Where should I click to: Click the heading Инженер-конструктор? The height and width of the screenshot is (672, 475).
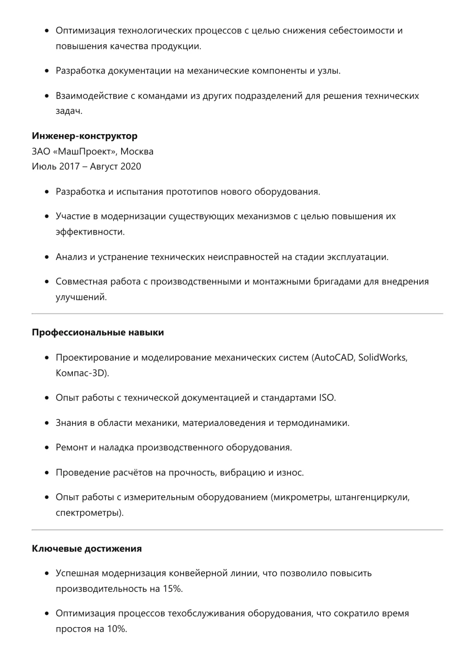click(85, 136)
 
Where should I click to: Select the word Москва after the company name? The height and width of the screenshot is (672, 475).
click(137, 151)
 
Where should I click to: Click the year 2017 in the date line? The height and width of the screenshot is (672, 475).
click(69, 166)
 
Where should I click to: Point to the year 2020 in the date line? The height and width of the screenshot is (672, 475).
click(131, 166)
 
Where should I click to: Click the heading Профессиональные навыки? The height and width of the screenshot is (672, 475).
click(98, 332)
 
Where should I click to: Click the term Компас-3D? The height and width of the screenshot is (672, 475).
click(81, 373)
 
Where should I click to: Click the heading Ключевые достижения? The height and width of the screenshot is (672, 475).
click(87, 549)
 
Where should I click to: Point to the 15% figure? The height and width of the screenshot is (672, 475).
click(172, 589)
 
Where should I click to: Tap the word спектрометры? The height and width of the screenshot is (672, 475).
click(88, 513)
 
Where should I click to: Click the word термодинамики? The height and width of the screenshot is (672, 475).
click(312, 423)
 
